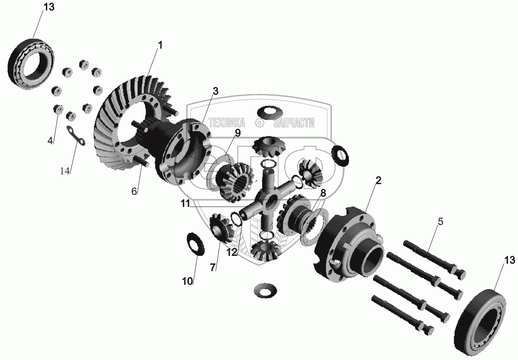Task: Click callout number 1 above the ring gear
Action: pos(160,45)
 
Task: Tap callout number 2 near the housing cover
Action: pos(378,180)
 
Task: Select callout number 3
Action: pos(215,91)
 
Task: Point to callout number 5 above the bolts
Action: pos(440,221)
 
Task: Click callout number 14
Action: pos(65,171)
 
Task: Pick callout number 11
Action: pos(185,204)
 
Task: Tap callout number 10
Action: pos(187,281)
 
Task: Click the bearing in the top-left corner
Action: pos(31,64)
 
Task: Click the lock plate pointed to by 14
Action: pos(76,136)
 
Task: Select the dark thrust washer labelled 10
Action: pos(196,244)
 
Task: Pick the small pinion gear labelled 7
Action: pos(221,228)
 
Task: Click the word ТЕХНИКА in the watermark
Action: pos(227,123)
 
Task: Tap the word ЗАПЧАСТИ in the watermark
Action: pos(294,123)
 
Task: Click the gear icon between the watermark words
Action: pos(259,122)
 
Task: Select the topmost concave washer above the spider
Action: pos(270,113)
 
